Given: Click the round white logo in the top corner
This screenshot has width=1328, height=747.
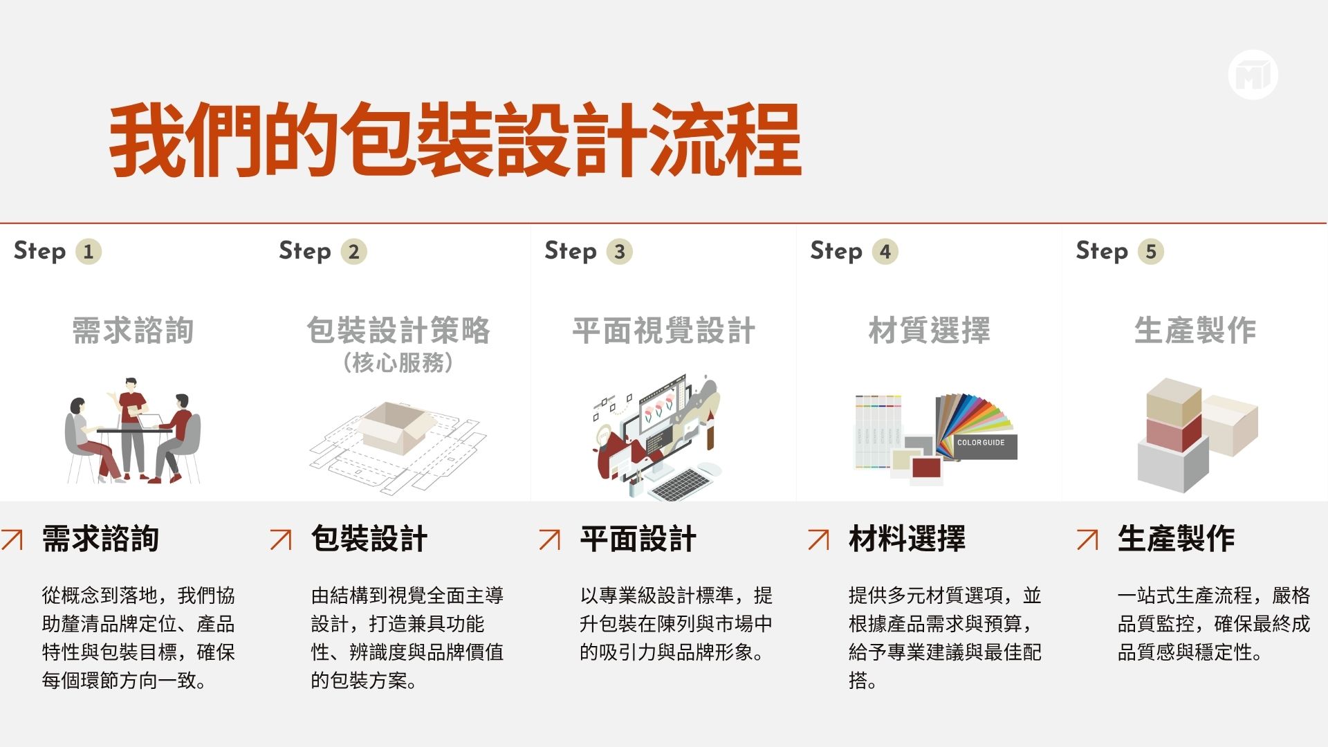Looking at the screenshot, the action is click(1253, 75).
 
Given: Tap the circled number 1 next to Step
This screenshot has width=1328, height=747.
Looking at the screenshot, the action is click(89, 252).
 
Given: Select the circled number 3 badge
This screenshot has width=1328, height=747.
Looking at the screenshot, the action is click(620, 252).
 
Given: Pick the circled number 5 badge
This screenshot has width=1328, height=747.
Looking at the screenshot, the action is click(1151, 252).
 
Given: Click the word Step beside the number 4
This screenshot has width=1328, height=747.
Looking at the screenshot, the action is click(836, 251).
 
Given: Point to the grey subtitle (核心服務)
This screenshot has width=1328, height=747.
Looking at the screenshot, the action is click(398, 362).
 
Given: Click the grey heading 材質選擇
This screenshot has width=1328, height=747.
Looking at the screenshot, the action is click(930, 330).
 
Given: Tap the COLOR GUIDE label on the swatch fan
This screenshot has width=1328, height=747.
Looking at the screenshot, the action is click(981, 442).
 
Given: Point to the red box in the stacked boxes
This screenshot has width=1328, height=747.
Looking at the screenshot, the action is click(1174, 431).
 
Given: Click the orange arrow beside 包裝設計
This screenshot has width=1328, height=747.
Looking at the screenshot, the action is click(281, 539).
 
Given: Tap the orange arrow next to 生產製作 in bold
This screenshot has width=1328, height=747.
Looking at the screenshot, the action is click(1087, 539).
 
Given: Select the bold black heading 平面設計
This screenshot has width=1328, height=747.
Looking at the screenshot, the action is click(638, 539).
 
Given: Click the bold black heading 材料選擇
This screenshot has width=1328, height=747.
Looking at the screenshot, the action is click(907, 539).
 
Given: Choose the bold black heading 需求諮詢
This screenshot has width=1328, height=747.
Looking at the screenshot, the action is click(100, 539).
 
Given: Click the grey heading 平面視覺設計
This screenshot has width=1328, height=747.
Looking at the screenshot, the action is click(664, 330).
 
